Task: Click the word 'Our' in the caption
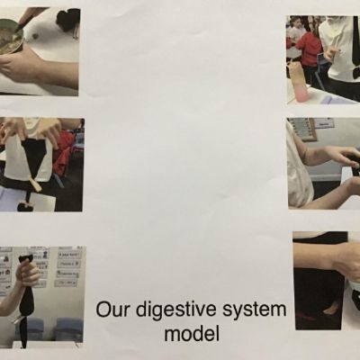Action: coord(112,310)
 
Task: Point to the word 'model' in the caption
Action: coord(192,333)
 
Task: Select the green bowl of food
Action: coord(11,36)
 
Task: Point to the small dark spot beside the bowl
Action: coord(35,37)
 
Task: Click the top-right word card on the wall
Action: coord(69,255)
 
